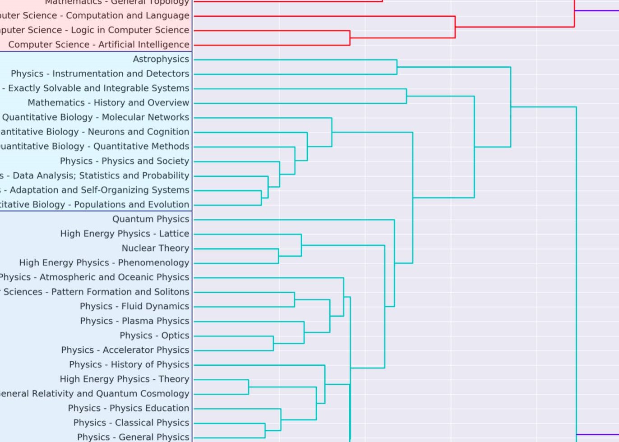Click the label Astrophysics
161,59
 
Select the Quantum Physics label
151,219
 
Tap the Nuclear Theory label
155,248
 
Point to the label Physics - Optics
154,336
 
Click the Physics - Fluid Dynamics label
134,306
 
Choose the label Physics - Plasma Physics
134,321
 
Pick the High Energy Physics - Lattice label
125,234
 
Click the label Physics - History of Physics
129,364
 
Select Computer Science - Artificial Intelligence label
98,45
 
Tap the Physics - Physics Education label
129,408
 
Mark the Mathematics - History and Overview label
108,103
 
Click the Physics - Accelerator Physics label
125,350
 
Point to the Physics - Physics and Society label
124,161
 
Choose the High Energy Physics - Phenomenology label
104,262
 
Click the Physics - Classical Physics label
131,423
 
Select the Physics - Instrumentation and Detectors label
100,74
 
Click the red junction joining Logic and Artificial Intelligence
350,38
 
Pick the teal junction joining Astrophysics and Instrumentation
397,67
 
